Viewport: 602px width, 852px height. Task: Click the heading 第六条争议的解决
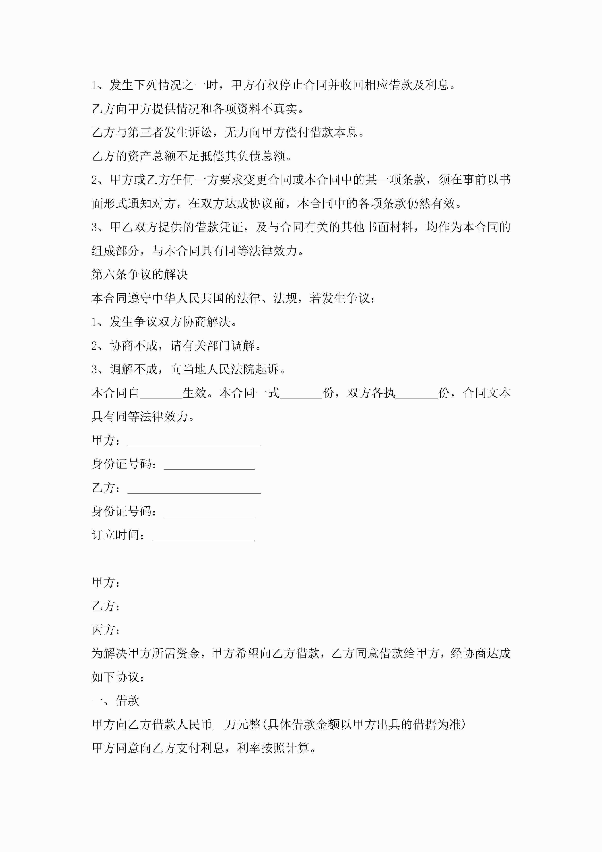(140, 275)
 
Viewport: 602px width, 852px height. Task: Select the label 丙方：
(106, 630)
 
